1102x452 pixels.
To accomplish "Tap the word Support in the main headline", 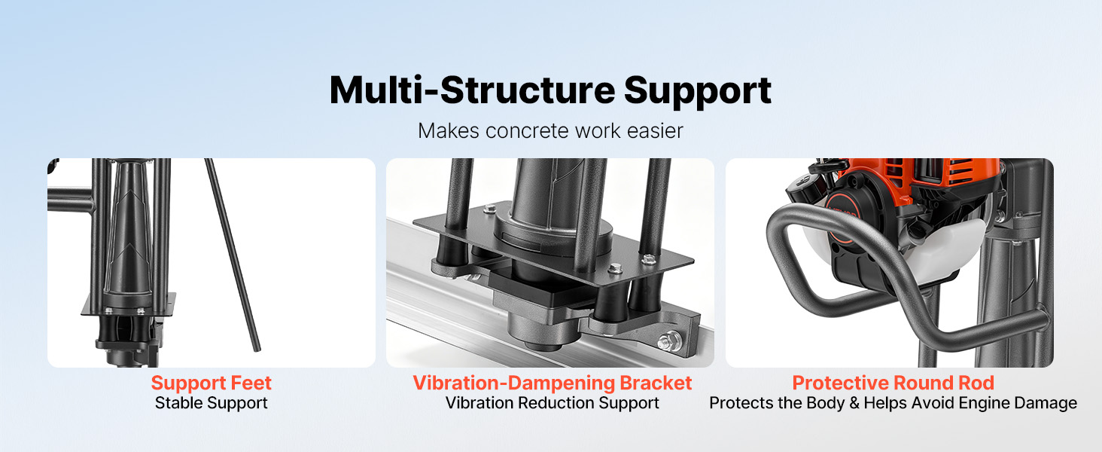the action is click(x=698, y=92).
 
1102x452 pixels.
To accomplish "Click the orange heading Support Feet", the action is click(x=211, y=383).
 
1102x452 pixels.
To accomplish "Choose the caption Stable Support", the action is click(x=211, y=403).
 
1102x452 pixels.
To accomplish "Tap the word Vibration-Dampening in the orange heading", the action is click(x=514, y=383).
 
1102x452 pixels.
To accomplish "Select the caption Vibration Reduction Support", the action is click(x=552, y=403).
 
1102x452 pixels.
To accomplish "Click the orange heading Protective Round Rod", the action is click(x=893, y=383).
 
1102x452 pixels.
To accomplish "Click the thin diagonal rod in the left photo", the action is click(x=232, y=255).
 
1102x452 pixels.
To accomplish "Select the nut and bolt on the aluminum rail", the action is click(x=669, y=341).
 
